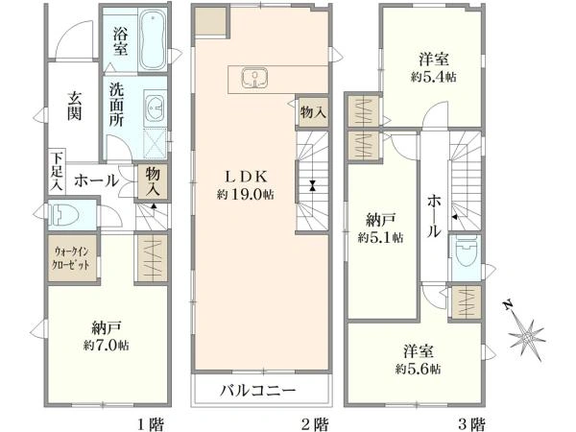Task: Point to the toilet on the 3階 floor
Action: click(467, 252)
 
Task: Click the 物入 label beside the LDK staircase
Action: click(313, 112)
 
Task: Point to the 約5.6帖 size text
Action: click(418, 368)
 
